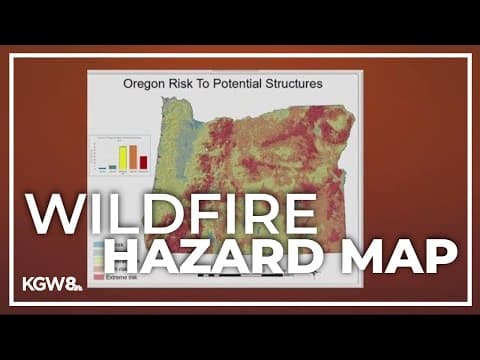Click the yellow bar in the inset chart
pyautogui.click(x=123, y=158)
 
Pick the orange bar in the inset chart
pyautogui.click(x=133, y=158)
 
